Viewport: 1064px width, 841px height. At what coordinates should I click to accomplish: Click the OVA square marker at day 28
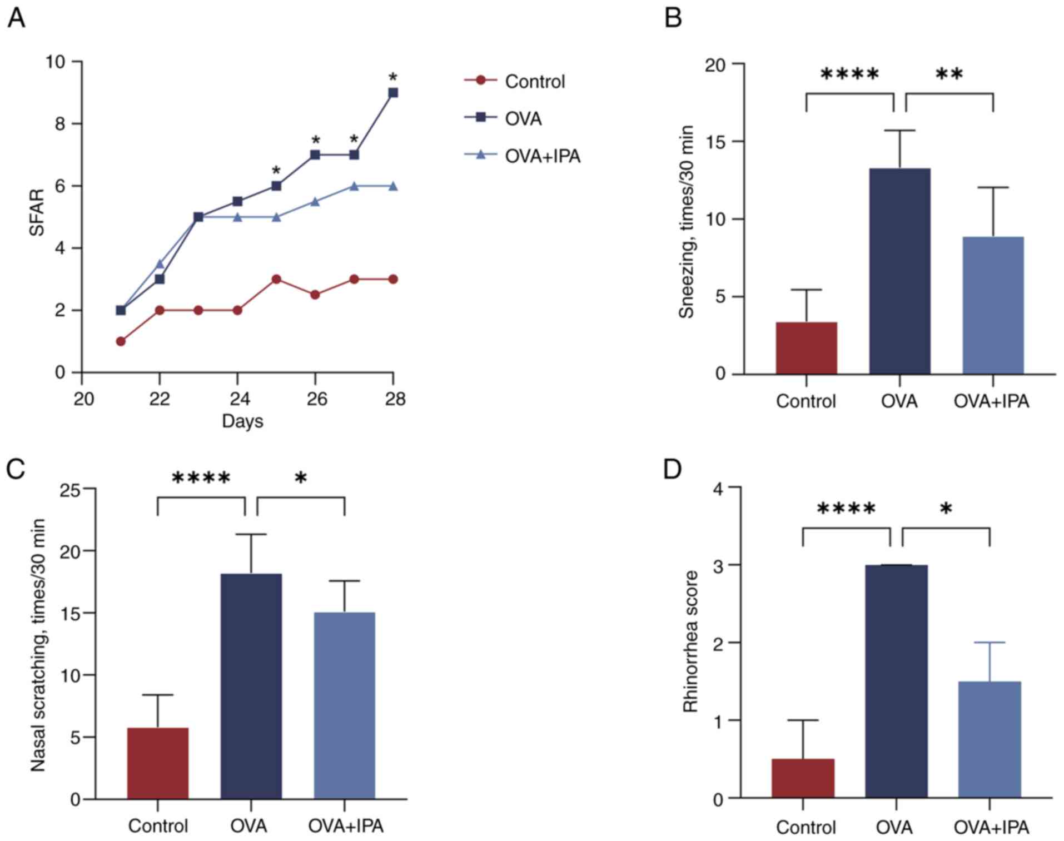click(393, 93)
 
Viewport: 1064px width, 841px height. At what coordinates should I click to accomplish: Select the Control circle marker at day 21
click(121, 341)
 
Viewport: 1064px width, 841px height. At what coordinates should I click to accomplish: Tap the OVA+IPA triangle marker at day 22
click(160, 263)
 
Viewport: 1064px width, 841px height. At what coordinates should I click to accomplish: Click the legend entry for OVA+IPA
click(542, 156)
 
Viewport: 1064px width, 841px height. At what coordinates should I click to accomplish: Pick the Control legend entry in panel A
click(534, 82)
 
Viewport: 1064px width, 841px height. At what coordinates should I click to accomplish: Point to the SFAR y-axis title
click(37, 213)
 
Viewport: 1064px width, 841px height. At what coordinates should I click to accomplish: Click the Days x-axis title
click(242, 421)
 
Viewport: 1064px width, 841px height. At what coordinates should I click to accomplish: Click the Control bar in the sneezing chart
click(806, 348)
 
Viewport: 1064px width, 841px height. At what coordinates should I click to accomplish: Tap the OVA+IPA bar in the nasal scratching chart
click(345, 705)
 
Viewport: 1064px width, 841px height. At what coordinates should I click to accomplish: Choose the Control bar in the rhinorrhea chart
click(803, 778)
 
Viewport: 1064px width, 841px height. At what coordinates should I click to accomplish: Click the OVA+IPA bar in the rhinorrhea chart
click(990, 739)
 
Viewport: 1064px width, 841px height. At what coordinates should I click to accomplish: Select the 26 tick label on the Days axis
click(316, 399)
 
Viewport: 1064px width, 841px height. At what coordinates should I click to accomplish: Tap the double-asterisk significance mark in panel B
click(949, 74)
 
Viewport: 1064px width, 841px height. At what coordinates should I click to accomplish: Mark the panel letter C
click(16, 469)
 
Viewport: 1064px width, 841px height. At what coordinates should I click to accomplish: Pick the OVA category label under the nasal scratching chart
click(249, 825)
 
